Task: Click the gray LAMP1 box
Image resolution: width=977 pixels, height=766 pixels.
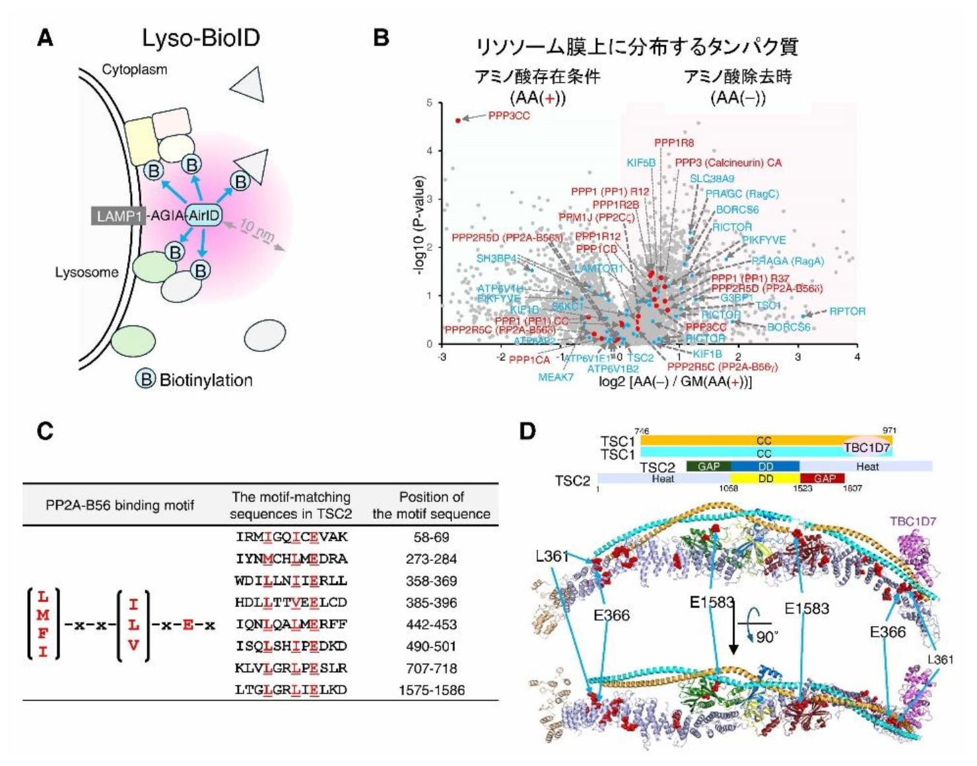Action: click(x=118, y=216)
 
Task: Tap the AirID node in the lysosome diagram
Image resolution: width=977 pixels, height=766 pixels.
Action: click(x=203, y=215)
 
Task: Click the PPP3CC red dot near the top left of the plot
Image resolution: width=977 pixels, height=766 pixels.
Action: click(x=458, y=120)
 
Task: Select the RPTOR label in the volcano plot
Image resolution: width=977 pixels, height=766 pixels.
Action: click(x=847, y=311)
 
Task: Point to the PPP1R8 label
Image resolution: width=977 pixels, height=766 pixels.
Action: click(x=674, y=143)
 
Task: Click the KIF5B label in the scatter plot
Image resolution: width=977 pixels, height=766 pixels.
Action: click(x=641, y=162)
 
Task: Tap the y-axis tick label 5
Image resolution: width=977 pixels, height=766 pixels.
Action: click(x=430, y=103)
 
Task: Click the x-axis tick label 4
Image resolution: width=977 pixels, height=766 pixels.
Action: click(x=857, y=357)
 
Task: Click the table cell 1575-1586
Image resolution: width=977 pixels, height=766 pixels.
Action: click(x=431, y=690)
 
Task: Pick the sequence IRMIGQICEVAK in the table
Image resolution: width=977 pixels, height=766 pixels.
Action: click(x=291, y=537)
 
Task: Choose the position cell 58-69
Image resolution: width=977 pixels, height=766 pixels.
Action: click(x=431, y=537)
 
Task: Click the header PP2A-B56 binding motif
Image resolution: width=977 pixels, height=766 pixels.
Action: click(x=119, y=505)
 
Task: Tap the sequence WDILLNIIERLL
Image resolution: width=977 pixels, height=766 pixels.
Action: click(x=291, y=580)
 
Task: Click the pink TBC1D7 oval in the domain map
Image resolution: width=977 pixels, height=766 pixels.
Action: click(x=866, y=448)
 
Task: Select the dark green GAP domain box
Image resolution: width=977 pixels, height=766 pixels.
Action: click(x=708, y=466)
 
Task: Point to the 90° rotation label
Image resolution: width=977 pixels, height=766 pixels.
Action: click(x=766, y=636)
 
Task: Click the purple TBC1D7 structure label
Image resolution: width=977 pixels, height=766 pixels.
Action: click(x=912, y=521)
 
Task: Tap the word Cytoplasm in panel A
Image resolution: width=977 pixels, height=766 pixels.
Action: click(x=134, y=69)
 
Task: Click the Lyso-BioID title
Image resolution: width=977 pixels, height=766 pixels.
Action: click(x=201, y=38)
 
